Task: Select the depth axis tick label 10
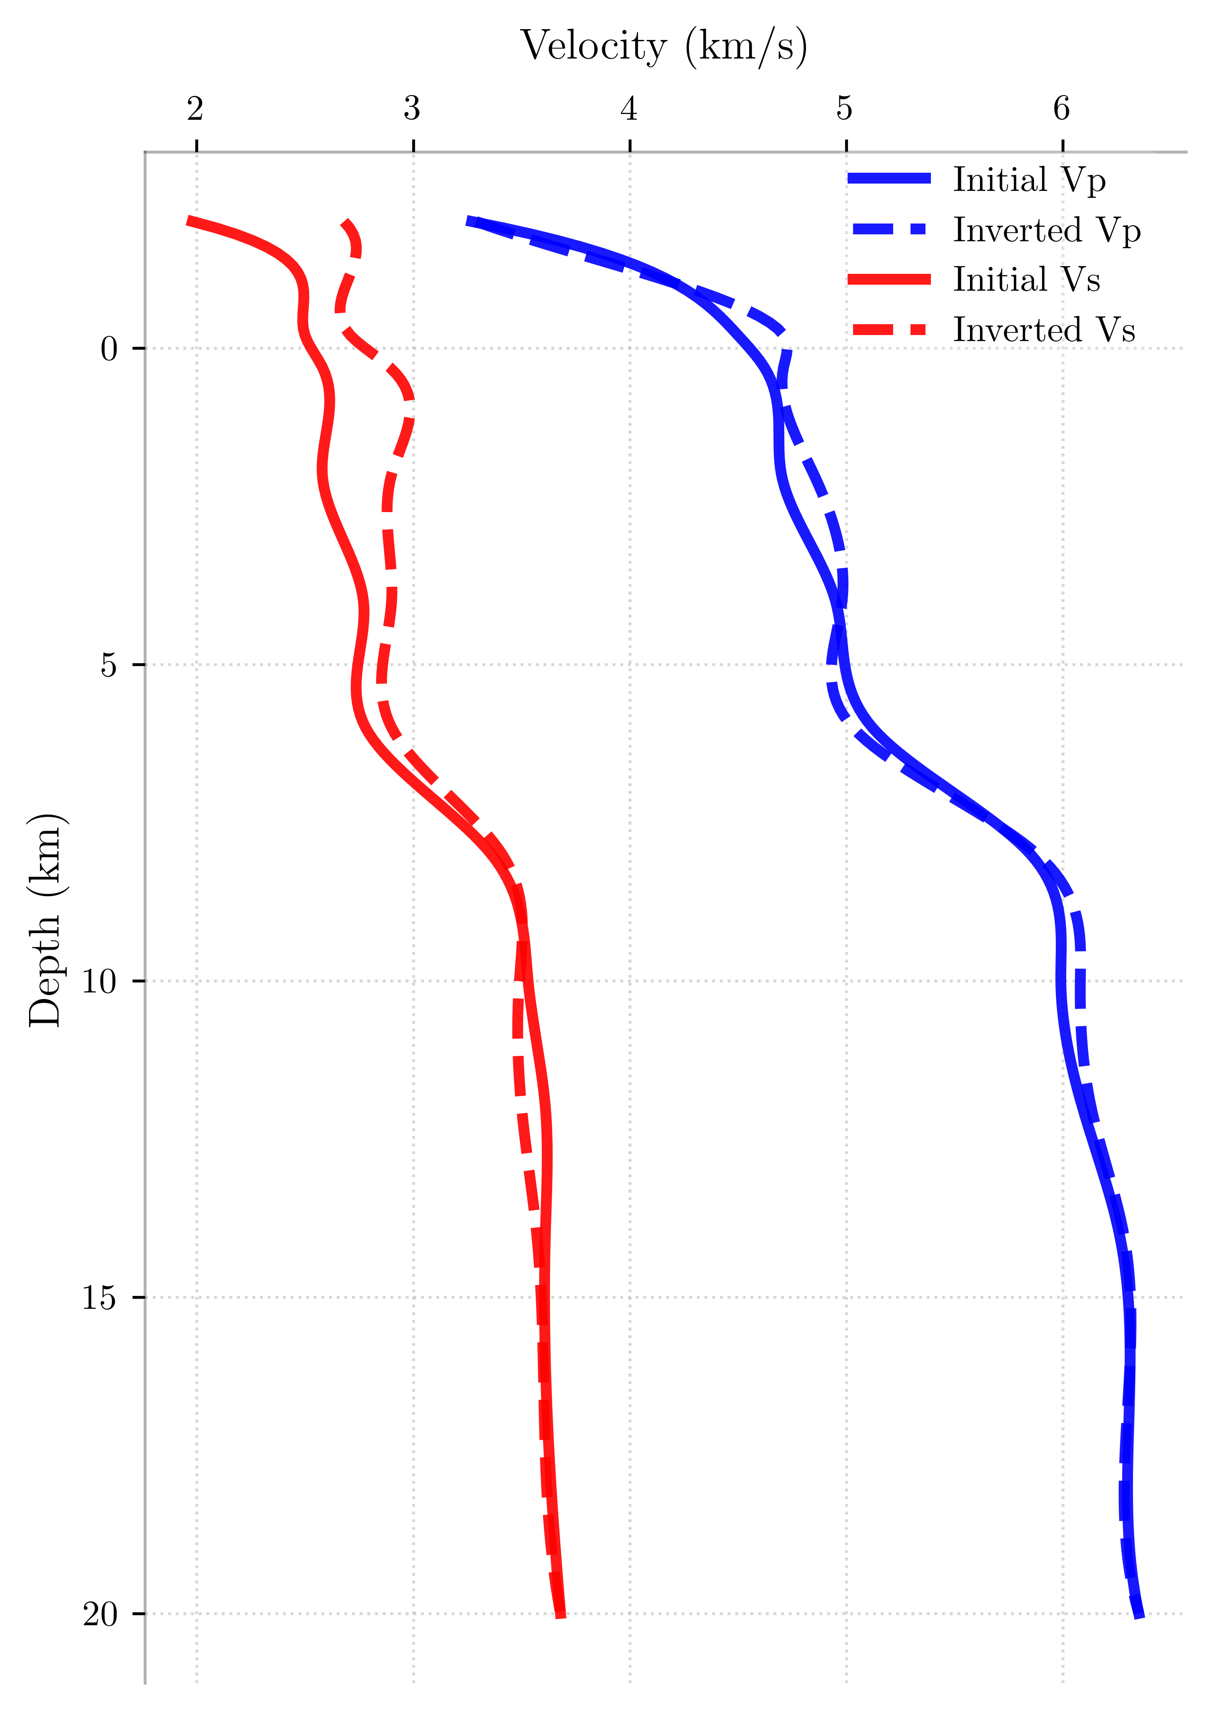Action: click(x=100, y=981)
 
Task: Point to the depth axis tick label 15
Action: click(x=100, y=1298)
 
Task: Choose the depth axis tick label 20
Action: click(x=100, y=1614)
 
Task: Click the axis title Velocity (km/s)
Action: click(x=663, y=46)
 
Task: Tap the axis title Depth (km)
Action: click(x=46, y=920)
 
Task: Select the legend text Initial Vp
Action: click(x=1029, y=180)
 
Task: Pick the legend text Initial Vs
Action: click(x=1026, y=280)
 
